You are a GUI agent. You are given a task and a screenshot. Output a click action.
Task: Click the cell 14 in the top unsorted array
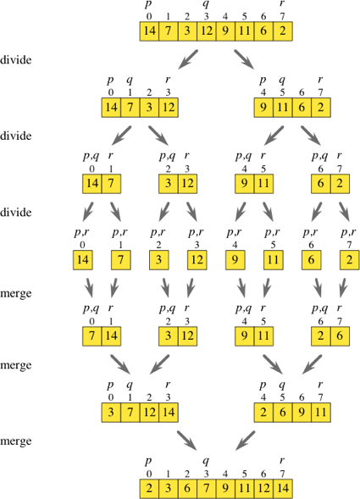(150, 32)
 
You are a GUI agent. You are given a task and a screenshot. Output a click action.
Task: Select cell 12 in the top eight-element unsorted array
(206, 32)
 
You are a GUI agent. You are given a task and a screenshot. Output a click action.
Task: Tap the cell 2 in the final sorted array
(150, 489)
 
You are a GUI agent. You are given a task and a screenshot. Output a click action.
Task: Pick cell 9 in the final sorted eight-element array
(224, 489)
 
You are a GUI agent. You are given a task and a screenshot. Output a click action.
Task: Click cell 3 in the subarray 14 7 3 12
(149, 108)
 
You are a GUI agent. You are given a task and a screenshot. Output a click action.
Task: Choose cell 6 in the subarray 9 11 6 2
(300, 108)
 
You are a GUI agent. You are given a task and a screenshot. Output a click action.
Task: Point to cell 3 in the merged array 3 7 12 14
(112, 413)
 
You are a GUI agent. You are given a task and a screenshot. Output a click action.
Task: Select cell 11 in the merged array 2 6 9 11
(318, 413)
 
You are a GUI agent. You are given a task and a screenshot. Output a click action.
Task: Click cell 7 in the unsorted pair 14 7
(112, 184)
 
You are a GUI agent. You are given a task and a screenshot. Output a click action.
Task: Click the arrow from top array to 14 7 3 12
(188, 59)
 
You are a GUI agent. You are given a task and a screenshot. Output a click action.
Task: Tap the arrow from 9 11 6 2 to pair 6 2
(311, 134)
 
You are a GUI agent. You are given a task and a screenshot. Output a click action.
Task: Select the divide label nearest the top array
(16, 61)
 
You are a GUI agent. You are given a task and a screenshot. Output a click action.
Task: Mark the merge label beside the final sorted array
(16, 441)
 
